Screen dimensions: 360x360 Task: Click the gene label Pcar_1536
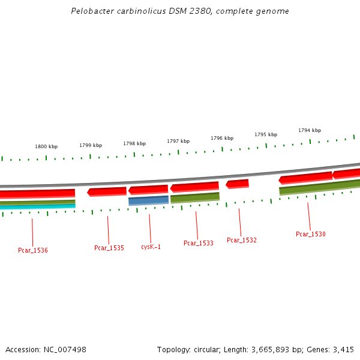click(33, 250)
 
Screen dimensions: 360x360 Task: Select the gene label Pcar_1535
click(109, 248)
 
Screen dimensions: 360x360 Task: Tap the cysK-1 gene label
click(151, 247)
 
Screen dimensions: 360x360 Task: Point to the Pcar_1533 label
click(199, 244)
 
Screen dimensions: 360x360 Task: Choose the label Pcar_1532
click(242, 240)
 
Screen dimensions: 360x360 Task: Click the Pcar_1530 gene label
click(311, 234)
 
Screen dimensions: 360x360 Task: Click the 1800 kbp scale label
click(46, 146)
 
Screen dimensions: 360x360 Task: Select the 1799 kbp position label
click(91, 145)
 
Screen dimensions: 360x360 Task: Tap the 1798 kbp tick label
click(134, 143)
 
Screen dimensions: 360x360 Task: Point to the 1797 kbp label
click(178, 141)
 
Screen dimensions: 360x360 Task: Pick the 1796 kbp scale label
click(222, 138)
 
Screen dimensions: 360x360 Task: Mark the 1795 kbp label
click(266, 134)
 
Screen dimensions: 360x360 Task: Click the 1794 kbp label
click(310, 130)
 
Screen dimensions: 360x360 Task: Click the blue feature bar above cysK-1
click(148, 200)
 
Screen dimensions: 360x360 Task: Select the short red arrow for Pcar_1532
click(237, 184)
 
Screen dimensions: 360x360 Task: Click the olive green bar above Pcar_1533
click(195, 197)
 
